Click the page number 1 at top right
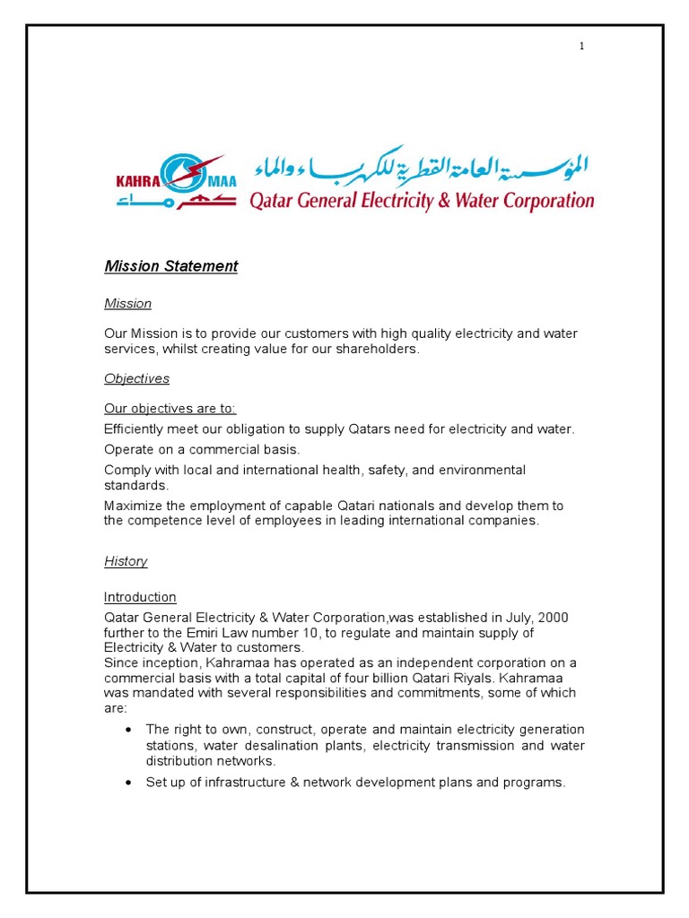(581, 47)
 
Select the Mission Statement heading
(170, 266)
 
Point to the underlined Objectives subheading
(136, 378)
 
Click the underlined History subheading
(126, 561)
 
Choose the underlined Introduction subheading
(140, 597)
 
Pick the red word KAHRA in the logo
(136, 181)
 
